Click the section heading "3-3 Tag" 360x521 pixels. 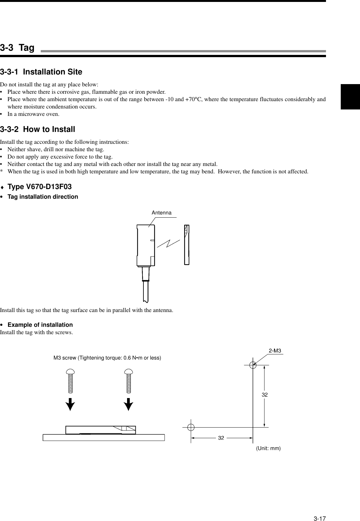coord(17,48)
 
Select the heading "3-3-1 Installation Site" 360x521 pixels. coord(41,72)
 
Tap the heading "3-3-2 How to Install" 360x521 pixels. coord(38,129)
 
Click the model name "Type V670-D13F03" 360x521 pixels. coord(39,187)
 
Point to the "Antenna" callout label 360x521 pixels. coord(161,213)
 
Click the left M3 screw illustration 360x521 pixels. coord(70,381)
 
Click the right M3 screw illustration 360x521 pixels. coord(129,381)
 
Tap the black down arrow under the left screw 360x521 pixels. coord(70,404)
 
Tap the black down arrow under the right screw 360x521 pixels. coord(129,404)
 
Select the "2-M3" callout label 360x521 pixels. coord(275,351)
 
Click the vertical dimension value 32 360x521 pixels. coord(264,395)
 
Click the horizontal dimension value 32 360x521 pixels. coord(221,438)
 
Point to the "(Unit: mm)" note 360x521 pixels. coord(268,448)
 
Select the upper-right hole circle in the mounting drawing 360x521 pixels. coord(253,365)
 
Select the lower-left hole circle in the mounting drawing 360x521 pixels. coord(191,427)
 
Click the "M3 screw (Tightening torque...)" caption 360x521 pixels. coord(107,358)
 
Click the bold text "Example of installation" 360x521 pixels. coord(40,325)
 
